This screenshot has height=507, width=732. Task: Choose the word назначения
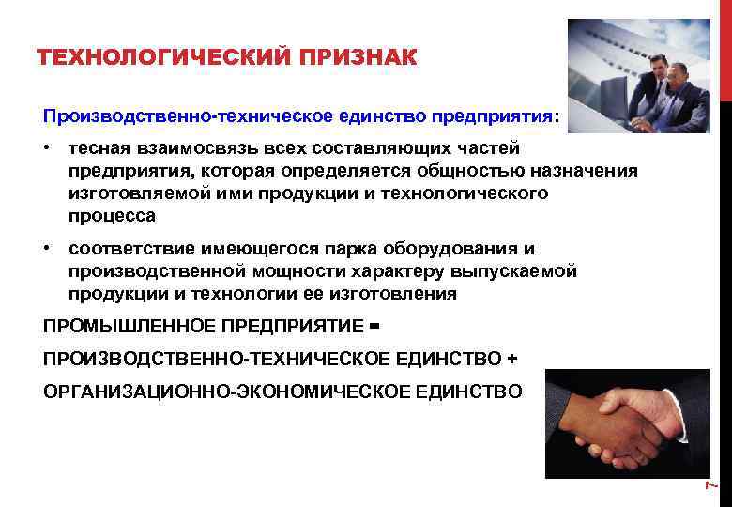[589, 172]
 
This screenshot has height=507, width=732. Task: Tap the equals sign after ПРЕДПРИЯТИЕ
[374, 326]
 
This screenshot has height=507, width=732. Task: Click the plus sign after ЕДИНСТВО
[511, 359]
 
